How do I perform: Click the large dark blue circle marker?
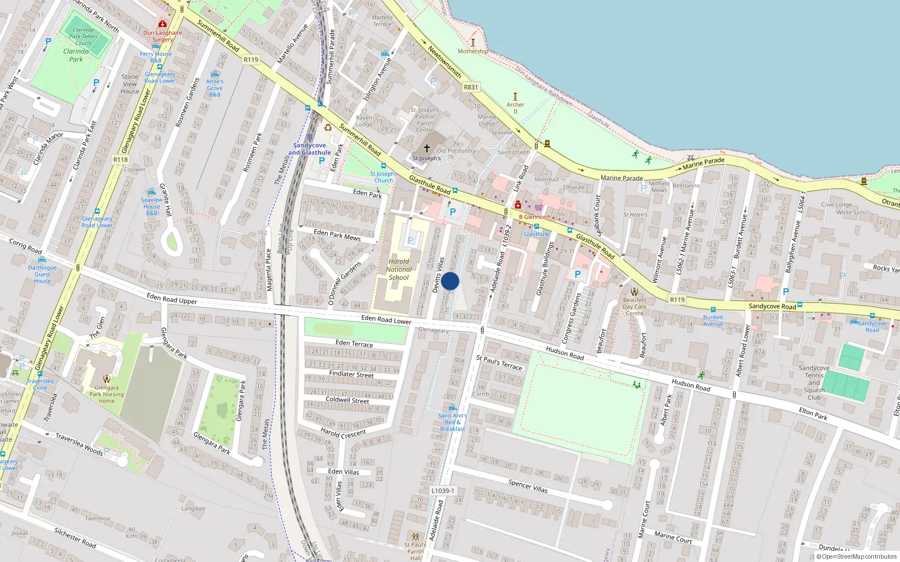pyautogui.click(x=450, y=281)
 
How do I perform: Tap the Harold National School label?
pyautogui.click(x=399, y=269)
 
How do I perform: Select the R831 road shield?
pyautogui.click(x=471, y=87)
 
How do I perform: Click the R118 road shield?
pyautogui.click(x=120, y=160)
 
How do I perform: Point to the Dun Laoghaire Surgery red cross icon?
pyautogui.click(x=163, y=24)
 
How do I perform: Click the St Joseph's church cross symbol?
pyautogui.click(x=427, y=148)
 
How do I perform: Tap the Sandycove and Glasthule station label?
pyautogui.click(x=309, y=149)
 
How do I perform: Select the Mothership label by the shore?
pyautogui.click(x=472, y=51)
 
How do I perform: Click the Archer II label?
pyautogui.click(x=515, y=107)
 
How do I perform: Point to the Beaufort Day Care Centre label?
pyautogui.click(x=634, y=306)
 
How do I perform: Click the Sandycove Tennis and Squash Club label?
pyautogui.click(x=814, y=383)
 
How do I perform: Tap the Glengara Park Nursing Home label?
pyautogui.click(x=106, y=394)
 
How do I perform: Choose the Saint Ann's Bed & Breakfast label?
pyautogui.click(x=452, y=422)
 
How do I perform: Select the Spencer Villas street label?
pyautogui.click(x=528, y=486)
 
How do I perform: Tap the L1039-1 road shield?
pyautogui.click(x=443, y=491)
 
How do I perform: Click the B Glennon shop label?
pyautogui.click(x=532, y=216)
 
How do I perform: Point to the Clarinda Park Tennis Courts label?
pyautogui.click(x=83, y=37)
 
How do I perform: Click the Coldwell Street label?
pyautogui.click(x=348, y=400)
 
